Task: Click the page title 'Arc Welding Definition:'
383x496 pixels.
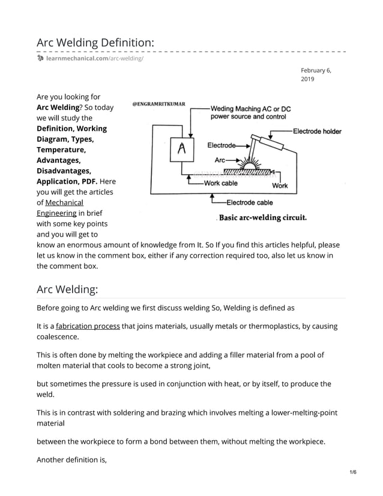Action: click(95, 43)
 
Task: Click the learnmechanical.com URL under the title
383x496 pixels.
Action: click(95, 58)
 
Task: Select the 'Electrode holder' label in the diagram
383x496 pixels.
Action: click(317, 131)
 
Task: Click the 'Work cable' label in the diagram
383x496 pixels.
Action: click(220, 183)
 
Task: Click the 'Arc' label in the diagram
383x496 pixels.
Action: click(220, 160)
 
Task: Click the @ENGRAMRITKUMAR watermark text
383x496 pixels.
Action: click(158, 104)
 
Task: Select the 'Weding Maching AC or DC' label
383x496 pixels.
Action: click(250, 109)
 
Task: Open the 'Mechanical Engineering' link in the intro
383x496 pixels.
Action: click(60, 208)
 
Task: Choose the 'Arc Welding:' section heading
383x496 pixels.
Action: click(67, 289)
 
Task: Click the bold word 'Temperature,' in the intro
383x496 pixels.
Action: click(61, 150)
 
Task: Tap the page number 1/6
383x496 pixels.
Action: click(352, 473)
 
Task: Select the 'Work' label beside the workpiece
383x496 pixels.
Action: click(280, 186)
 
